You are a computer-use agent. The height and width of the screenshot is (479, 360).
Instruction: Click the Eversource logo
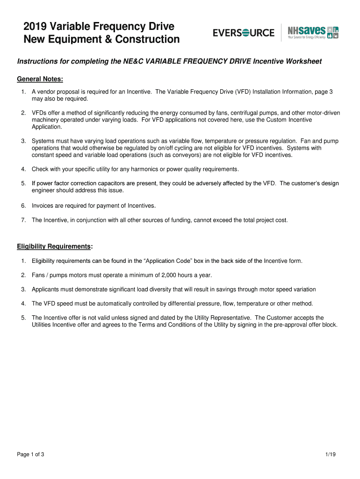tap(244, 33)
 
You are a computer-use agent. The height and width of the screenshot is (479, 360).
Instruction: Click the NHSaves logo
tap(313, 32)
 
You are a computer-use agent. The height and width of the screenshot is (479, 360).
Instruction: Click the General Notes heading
tap(40, 79)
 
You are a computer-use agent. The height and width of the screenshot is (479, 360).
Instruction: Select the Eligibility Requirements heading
tap(54, 246)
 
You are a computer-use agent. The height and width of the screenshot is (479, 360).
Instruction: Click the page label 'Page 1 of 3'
tap(31, 455)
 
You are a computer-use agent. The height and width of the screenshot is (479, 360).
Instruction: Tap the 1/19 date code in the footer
tap(331, 455)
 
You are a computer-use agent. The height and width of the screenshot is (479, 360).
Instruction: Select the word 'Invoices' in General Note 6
tap(43, 205)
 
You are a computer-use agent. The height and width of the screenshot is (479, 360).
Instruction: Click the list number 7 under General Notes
tap(23, 220)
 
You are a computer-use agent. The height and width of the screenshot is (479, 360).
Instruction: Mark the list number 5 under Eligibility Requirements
tap(23, 318)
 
